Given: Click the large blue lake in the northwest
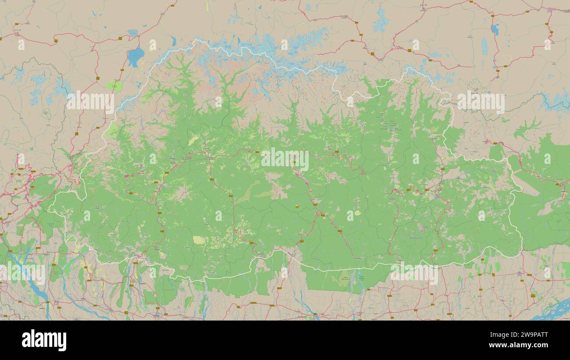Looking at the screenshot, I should pyautogui.click(x=135, y=56).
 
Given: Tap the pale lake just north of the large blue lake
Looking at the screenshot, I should pyautogui.click(x=133, y=33).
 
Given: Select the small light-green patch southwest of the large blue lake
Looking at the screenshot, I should pyautogui.click(x=115, y=85).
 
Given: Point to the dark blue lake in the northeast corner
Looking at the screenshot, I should pyautogui.click(x=495, y=29).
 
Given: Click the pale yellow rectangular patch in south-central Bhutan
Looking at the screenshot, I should pyautogui.click(x=199, y=240).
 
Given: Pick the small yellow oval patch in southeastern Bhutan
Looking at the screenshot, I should pyautogui.click(x=358, y=213).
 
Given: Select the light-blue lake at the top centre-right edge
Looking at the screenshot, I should pyautogui.click(x=381, y=21).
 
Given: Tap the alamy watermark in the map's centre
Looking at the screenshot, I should pyautogui.click(x=285, y=160).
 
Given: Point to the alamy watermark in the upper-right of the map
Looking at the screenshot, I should pyautogui.click(x=481, y=102).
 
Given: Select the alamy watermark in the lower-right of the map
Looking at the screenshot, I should pyautogui.click(x=414, y=274).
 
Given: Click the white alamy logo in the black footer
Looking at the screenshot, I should pyautogui.click(x=44, y=340).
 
